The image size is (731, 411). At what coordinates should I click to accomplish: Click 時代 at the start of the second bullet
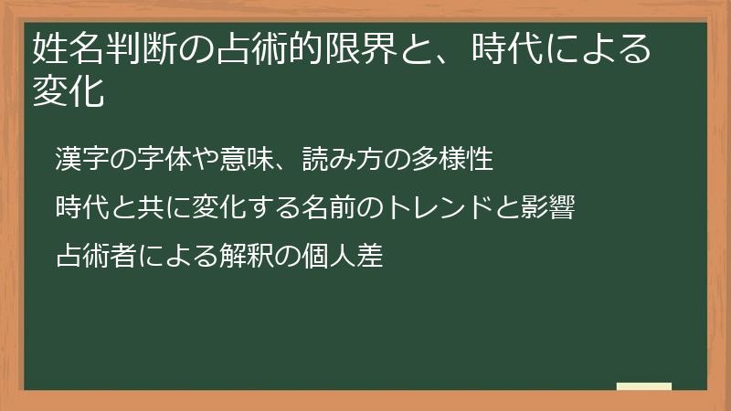tap(79, 208)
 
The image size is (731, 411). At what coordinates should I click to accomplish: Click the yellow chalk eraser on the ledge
tap(643, 386)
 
